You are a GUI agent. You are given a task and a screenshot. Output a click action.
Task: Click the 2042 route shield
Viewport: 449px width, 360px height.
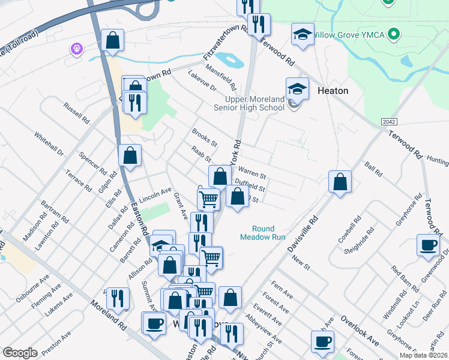[x=388, y=122]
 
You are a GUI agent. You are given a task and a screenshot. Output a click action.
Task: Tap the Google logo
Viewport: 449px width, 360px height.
[x=20, y=352]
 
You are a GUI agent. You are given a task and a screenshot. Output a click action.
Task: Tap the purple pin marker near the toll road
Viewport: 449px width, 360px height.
[x=76, y=49]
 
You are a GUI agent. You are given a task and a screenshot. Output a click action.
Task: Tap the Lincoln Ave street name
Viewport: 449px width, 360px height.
[x=155, y=196]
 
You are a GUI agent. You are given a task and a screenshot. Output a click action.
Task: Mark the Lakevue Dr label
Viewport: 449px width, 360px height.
[x=201, y=81]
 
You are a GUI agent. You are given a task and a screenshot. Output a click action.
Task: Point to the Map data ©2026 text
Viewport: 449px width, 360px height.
[x=423, y=354]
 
